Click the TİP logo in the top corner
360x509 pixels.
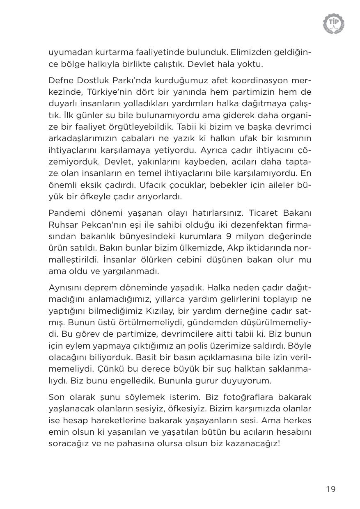(333, 23)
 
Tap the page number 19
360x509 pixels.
(331, 489)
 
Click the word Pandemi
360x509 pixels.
(65, 213)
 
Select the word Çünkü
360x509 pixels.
(93, 369)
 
